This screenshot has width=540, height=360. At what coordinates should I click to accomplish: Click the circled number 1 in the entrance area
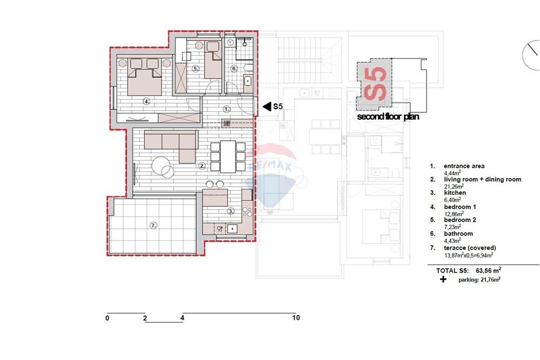[x=226, y=109]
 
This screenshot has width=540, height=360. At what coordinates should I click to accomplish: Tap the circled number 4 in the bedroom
[x=147, y=101]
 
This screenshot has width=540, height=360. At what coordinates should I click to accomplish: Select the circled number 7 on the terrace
[x=153, y=226]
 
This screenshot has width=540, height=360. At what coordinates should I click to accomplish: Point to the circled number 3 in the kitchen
[x=231, y=211]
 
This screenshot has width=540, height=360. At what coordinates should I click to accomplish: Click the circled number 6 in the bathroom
[x=234, y=69]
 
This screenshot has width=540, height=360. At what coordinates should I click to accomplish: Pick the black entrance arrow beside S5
[x=267, y=107]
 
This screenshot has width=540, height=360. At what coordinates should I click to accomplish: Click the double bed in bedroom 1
[x=145, y=77]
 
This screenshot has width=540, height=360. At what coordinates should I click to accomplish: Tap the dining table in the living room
[x=228, y=157]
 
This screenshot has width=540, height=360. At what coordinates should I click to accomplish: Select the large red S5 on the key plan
[x=375, y=84]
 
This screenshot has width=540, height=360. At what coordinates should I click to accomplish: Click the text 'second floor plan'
[x=388, y=117]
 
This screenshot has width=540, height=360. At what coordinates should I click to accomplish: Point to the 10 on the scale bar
[x=296, y=318]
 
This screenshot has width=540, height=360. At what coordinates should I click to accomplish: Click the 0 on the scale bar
[x=107, y=318]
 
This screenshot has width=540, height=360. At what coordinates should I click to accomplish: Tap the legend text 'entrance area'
[x=464, y=166]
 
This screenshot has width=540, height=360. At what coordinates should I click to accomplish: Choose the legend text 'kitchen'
[x=455, y=193]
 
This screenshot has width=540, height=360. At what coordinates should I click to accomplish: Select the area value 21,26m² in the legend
[x=453, y=187]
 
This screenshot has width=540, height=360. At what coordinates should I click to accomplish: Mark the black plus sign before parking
[x=443, y=279]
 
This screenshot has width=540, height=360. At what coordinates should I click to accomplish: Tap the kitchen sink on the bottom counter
[x=232, y=229]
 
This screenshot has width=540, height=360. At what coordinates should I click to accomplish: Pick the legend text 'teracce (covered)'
[x=470, y=248]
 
